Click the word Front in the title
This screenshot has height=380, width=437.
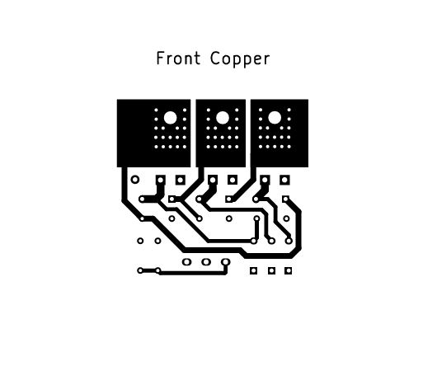coord(178,59)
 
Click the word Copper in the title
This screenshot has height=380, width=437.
coord(240,59)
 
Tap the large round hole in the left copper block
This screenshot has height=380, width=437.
coord(171,118)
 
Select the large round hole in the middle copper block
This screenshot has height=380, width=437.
coord(223,118)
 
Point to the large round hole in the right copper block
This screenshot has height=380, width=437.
coord(275,118)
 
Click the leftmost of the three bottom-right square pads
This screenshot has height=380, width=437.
coord(253,270)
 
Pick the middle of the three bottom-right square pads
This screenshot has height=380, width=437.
coord(271,270)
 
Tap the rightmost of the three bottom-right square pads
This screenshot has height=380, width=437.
coord(289,270)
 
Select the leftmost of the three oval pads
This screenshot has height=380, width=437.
coord(186,262)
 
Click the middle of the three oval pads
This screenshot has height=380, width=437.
coord(206,262)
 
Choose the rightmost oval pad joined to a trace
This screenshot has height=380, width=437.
coord(225,262)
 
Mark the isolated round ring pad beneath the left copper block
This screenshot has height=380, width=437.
coord(135,180)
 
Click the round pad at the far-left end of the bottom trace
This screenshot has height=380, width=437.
coord(140,270)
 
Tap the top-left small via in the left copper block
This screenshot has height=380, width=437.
coord(156,110)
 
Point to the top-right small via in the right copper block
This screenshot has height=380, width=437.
coord(289,110)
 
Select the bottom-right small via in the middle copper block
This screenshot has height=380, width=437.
coord(237,147)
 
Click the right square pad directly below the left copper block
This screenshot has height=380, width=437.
coord(180,180)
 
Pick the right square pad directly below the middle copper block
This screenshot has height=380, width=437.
coord(233,180)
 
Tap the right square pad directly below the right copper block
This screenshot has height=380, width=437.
coord(284,180)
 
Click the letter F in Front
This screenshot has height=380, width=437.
coord(160,59)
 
